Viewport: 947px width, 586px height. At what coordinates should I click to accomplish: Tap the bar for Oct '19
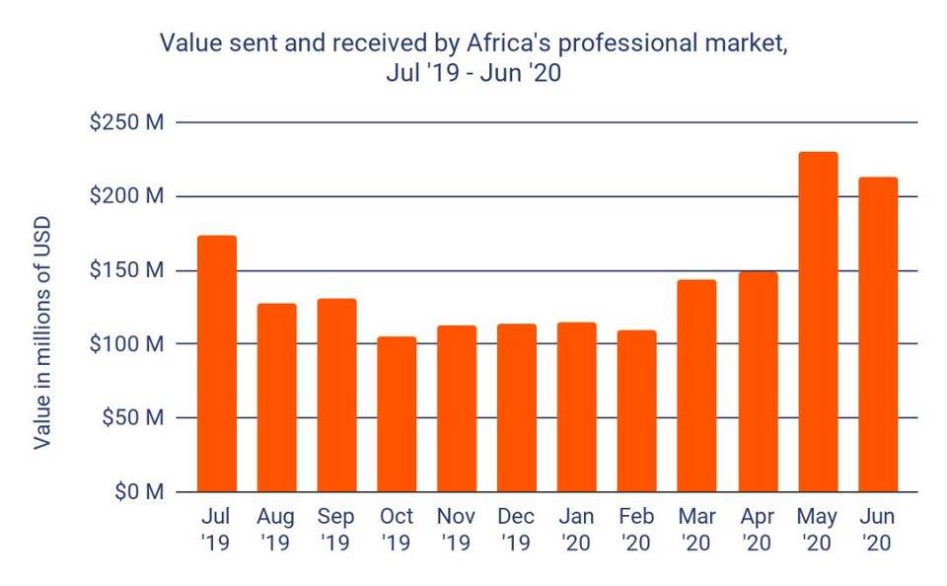point(397,414)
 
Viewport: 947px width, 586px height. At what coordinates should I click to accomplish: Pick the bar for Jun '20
point(878,334)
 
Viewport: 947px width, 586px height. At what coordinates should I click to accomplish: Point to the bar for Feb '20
point(637,410)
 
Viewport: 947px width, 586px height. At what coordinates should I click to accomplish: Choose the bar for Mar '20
point(697,386)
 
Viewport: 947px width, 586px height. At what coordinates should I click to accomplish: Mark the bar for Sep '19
point(336,395)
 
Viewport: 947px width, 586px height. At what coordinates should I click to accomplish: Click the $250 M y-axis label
point(126,122)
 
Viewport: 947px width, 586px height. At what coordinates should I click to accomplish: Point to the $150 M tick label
point(126,270)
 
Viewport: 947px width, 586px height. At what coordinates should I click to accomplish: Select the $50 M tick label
point(131,417)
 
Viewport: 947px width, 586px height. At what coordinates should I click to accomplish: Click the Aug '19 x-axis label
point(276,529)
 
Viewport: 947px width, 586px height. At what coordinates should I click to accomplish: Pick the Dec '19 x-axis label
point(517,529)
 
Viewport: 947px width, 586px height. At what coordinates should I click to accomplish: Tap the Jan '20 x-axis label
point(577,529)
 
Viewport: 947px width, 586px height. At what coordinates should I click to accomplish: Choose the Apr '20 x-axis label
point(758,529)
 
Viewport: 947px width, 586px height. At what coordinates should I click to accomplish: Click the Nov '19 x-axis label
point(457,529)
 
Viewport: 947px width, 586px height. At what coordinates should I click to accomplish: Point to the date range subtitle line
point(473,73)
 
